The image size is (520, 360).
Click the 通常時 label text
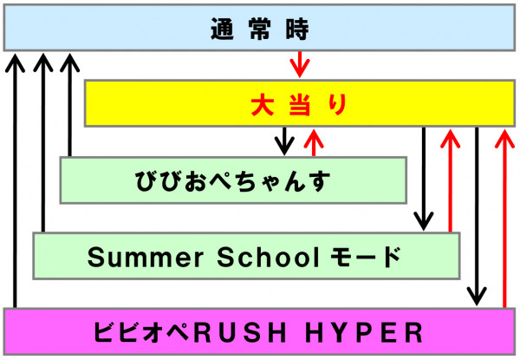pos(260,29)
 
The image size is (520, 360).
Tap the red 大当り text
pos(299,105)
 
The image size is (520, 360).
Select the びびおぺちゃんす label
pos(232,180)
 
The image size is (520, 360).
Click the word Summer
pos(146,257)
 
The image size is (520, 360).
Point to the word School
pos(269,257)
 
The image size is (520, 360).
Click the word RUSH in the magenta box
pos(240,332)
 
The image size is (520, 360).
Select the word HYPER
pos(364,332)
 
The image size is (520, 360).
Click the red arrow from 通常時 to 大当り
pos(300,64)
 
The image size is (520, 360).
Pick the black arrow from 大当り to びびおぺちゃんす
pos(284,141)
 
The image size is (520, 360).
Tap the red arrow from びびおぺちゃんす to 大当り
pos(314,142)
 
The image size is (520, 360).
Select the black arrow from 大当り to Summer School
pos(424,179)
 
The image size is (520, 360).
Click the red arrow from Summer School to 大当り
pos(450,180)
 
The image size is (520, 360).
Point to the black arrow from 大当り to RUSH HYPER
pos(477,216)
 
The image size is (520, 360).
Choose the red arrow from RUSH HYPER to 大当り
pos(504,219)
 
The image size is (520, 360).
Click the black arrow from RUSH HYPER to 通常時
pos(15,180)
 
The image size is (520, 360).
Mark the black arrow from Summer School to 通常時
pos(43,142)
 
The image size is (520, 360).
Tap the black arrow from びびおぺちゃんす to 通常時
pos(69,105)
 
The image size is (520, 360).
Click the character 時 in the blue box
pos(297,29)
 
